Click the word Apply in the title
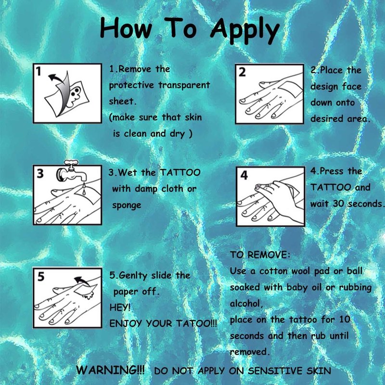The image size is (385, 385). [245, 30]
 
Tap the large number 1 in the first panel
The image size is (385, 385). [38, 71]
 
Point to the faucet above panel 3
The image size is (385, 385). [71, 171]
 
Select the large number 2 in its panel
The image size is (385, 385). [242, 72]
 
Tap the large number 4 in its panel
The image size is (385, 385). [244, 175]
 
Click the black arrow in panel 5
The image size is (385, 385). [82, 281]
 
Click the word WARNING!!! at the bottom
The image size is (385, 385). [110, 370]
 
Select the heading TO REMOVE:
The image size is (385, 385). [260, 255]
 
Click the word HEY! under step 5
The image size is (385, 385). [120, 307]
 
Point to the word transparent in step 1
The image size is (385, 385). [184, 86]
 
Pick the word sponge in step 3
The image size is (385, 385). [127, 205]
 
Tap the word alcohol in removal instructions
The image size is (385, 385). [246, 304]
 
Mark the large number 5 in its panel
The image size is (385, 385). [41, 276]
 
